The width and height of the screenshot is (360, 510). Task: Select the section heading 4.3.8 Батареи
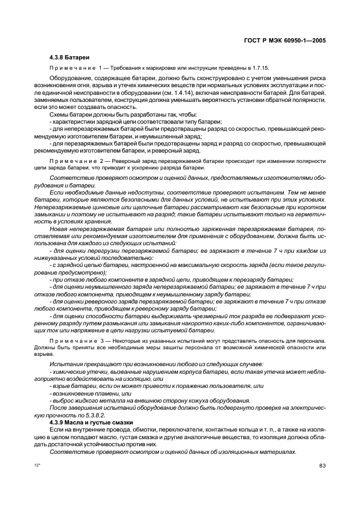point(69,57)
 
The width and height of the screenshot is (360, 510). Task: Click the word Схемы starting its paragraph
point(59,115)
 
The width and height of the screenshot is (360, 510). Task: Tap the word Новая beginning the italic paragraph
point(60,229)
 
